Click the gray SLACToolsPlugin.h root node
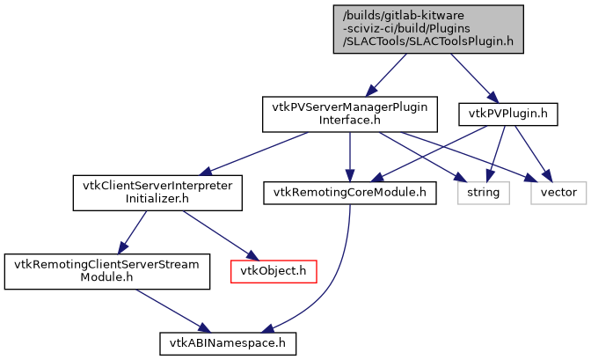pyautogui.click(x=427, y=29)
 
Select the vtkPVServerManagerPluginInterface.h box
pyautogui.click(x=350, y=114)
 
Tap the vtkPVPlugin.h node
pyautogui.click(x=508, y=114)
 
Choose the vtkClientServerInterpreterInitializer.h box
pyautogui.click(x=157, y=192)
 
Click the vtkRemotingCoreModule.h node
pyautogui.click(x=350, y=192)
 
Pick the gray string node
pyautogui.click(x=483, y=192)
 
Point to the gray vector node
pyautogui.click(x=558, y=192)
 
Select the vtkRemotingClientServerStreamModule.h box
pyautogui.click(x=107, y=269)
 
